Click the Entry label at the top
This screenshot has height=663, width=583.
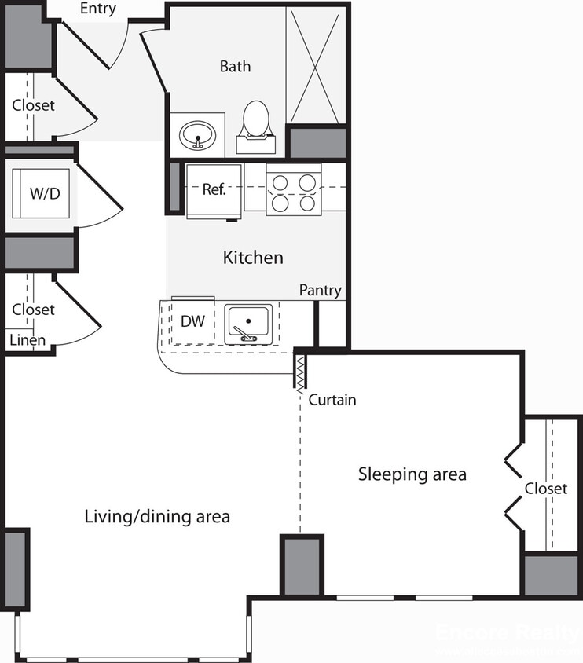point(98,9)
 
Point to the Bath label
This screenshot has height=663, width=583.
point(235,66)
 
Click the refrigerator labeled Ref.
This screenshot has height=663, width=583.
point(214,190)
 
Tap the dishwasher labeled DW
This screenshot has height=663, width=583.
point(192,321)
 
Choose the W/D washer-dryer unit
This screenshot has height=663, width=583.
point(44,193)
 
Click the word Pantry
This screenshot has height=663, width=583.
point(320,291)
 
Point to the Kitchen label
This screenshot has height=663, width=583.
point(253,257)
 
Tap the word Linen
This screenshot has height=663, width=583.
point(27,340)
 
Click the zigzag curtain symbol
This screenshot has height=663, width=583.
point(299,370)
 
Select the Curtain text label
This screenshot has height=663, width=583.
point(332,400)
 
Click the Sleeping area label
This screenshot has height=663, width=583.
point(412,474)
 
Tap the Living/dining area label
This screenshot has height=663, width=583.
point(157,516)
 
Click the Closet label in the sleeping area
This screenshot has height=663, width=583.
point(545,489)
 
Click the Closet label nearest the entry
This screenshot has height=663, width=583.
point(33,104)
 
